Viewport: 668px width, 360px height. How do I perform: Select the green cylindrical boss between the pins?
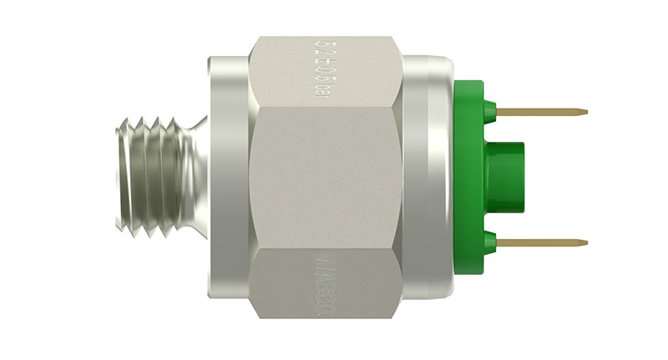[x=505, y=176]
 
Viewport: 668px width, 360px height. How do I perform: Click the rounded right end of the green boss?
[x=524, y=176]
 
